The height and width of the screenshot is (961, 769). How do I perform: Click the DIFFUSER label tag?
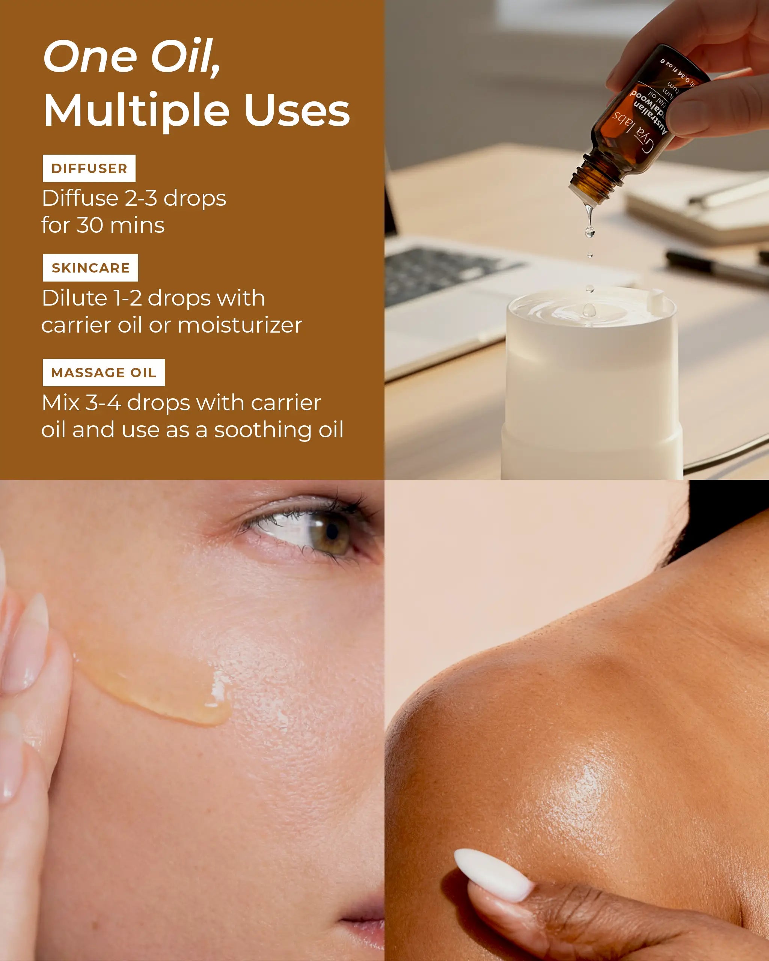(89, 168)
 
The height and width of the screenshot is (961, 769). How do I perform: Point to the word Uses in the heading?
(297, 110)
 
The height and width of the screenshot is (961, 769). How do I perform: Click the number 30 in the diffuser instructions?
(90, 225)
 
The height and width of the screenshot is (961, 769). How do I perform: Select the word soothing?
(263, 430)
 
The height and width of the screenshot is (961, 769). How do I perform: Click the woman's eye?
(328, 532)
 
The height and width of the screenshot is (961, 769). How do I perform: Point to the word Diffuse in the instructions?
(80, 198)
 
